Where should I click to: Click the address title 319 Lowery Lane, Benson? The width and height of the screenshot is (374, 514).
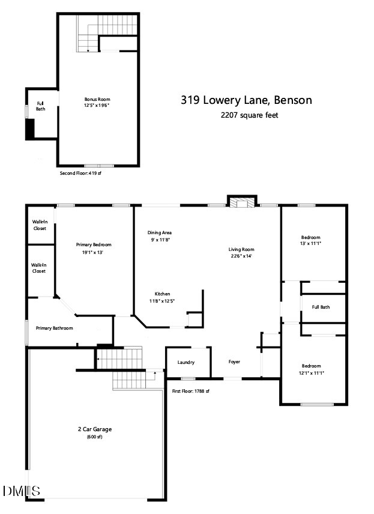[x=246, y=100]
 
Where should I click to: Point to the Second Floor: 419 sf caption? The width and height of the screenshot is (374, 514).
[x=82, y=173]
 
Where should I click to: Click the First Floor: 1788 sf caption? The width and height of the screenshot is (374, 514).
[x=190, y=392]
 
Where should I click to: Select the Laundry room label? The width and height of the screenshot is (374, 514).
[x=186, y=362]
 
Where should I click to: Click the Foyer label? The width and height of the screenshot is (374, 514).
[x=234, y=361]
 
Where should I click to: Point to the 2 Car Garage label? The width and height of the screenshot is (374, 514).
[x=95, y=429]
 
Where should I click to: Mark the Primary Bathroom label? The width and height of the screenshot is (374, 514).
[x=54, y=328]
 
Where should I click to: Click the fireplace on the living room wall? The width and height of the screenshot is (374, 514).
[x=242, y=203]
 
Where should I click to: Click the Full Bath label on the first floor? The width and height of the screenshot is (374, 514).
[x=321, y=307]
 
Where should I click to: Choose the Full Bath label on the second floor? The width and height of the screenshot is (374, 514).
[x=41, y=106]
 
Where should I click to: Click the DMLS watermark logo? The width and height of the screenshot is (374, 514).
[x=21, y=491]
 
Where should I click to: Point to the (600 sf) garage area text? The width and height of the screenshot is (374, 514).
[x=95, y=437]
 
